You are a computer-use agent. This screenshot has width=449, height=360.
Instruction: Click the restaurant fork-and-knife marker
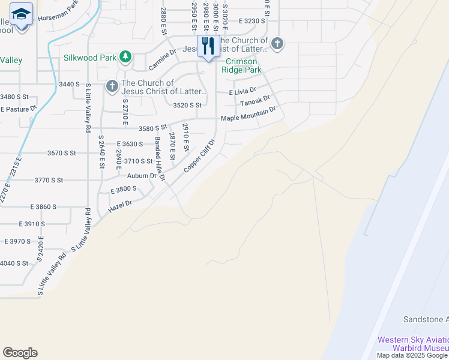click(208, 46)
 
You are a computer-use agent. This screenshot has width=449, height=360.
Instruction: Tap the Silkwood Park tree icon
click(125, 58)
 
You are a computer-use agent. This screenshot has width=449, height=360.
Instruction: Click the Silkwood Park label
click(91, 58)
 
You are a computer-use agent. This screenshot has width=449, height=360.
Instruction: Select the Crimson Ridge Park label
click(243, 66)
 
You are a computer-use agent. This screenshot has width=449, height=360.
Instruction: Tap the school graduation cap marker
click(22, 16)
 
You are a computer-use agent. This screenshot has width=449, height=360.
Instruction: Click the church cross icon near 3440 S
click(112, 87)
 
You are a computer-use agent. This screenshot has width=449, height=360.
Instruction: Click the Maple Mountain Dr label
click(248, 114)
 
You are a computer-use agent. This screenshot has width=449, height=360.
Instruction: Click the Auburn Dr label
click(142, 176)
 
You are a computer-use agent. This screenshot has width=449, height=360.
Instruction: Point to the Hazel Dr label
click(120, 206)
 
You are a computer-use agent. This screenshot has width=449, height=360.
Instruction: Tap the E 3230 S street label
click(251, 20)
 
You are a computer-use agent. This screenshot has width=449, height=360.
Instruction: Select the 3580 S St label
click(152, 128)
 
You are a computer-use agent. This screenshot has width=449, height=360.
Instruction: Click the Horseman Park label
click(58, 14)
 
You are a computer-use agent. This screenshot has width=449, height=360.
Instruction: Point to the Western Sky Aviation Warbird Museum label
click(412, 344)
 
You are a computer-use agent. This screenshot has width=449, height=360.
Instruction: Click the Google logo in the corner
click(20, 353)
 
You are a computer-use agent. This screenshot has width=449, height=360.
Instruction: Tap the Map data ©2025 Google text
click(412, 355)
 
